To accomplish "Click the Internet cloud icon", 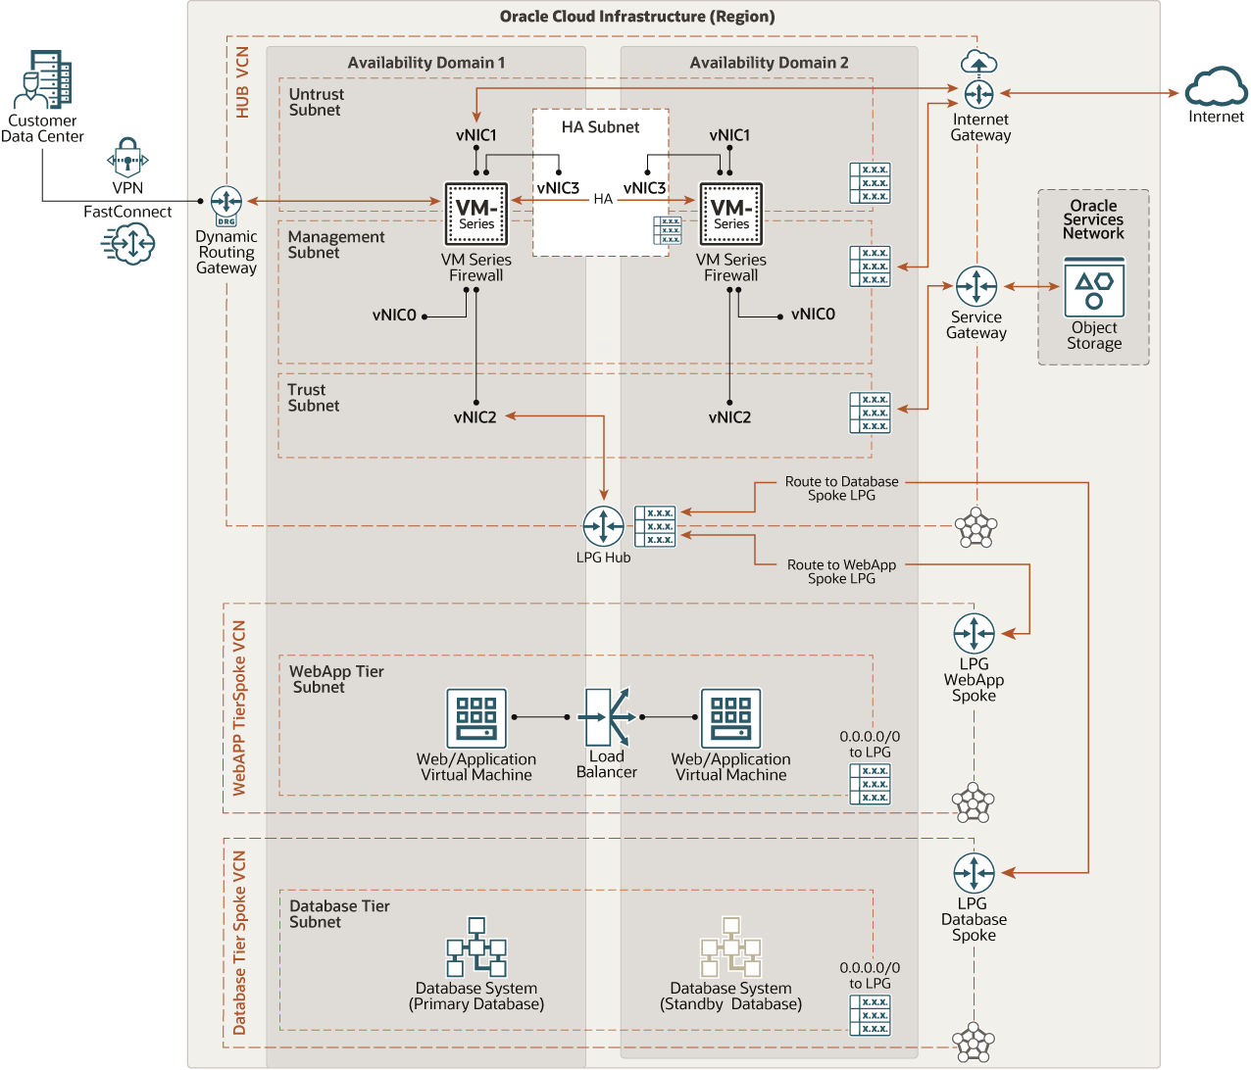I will tap(1216, 87).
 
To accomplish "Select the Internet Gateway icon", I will tap(978, 93).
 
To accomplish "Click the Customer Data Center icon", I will tap(43, 80).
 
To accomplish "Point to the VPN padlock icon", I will tap(127, 158).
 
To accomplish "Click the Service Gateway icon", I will tap(976, 287).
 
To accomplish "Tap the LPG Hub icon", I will tap(603, 526).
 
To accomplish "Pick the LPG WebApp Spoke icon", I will tap(974, 634).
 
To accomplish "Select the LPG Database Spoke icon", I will tap(974, 873).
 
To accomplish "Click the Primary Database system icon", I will tap(476, 948).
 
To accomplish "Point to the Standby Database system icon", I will tap(730, 948).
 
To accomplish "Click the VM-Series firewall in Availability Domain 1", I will tap(476, 214).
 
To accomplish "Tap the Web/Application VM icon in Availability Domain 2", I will tap(730, 718).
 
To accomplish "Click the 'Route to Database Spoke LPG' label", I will tap(841, 488).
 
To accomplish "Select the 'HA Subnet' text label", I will tap(600, 127).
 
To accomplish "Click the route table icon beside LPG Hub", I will tap(655, 526).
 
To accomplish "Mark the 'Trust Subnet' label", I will tap(313, 398).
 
